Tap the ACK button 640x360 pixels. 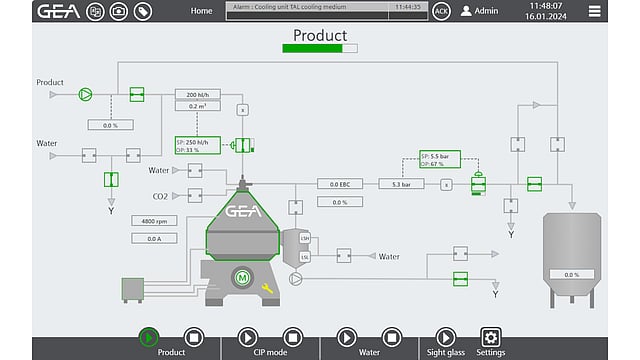coord(442,11)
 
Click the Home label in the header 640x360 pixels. coord(201,11)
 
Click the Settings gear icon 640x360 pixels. coord(491,337)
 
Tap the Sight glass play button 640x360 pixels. coord(446,337)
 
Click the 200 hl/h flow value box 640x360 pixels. coord(198,94)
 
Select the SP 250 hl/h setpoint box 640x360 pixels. coord(198,146)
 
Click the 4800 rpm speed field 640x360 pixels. coord(154,221)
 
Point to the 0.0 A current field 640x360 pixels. coord(154,238)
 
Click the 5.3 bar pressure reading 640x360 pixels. coord(401,184)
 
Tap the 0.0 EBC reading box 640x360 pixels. coord(339,184)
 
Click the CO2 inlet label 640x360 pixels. coord(160,196)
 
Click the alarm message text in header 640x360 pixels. coord(291,6)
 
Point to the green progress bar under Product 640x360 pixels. coord(320,47)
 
